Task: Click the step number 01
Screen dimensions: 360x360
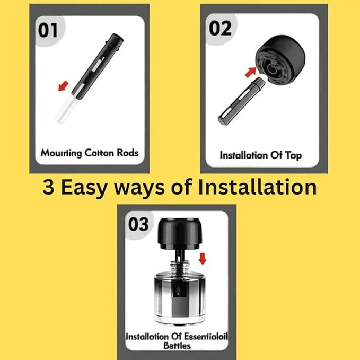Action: click(48, 30)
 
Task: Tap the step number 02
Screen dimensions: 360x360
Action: click(220, 28)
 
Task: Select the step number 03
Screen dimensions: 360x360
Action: click(138, 224)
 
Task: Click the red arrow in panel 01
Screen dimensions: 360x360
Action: click(63, 86)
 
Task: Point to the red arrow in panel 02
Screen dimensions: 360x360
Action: click(251, 72)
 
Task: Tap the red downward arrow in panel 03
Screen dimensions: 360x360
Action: click(203, 259)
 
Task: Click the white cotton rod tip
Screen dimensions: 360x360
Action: click(65, 109)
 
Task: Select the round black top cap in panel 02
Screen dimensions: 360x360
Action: click(280, 60)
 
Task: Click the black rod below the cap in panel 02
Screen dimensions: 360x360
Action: click(241, 101)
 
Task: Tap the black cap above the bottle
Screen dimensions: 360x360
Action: click(180, 234)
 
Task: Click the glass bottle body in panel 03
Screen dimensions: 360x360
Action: click(180, 298)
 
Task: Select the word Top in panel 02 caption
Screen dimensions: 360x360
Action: click(293, 156)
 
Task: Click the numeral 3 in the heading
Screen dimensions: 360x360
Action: click(48, 187)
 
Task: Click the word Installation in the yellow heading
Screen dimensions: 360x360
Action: click(257, 187)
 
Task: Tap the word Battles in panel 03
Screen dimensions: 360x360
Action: click(177, 346)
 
